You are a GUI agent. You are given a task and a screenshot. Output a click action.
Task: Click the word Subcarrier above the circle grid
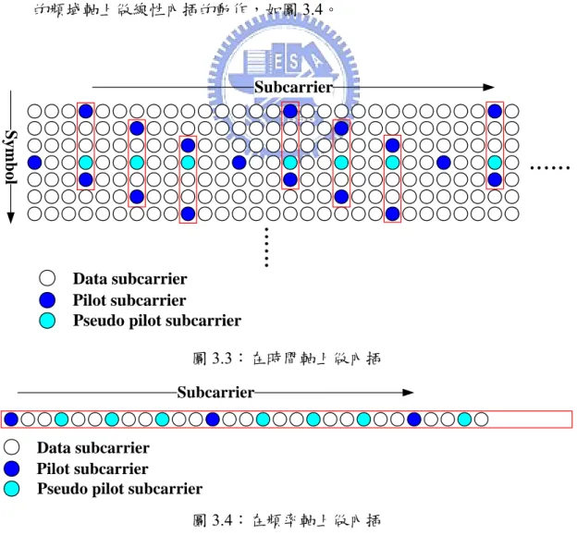click(294, 87)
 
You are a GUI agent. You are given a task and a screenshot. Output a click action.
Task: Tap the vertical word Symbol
click(11, 157)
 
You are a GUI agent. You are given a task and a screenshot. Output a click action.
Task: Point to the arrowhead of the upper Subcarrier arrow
click(488, 87)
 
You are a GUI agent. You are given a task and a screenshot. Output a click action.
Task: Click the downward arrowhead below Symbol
click(11, 218)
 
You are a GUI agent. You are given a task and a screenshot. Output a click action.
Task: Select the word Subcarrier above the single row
click(215, 393)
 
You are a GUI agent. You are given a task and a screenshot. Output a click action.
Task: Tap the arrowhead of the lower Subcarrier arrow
click(408, 393)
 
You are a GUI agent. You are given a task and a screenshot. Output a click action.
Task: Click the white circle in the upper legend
click(47, 278)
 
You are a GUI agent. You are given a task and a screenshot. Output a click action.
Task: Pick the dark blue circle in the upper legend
click(47, 299)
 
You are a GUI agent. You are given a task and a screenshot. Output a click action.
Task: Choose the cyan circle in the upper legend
click(47, 321)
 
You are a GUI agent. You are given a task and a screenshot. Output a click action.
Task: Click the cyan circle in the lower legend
click(11, 489)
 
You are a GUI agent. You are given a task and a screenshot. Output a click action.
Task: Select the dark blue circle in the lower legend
click(11, 468)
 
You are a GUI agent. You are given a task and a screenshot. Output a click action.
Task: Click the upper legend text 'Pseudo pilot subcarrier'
click(157, 321)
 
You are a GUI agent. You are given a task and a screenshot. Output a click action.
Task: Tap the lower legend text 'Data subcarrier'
click(93, 448)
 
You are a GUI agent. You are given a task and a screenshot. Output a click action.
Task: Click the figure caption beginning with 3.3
click(287, 359)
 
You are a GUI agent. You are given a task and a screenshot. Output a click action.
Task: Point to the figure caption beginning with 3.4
click(287, 520)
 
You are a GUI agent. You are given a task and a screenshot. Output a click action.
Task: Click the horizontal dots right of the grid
click(550, 168)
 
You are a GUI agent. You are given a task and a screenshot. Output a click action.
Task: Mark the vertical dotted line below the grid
click(266, 247)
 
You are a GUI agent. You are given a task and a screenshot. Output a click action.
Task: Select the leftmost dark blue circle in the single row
click(11, 419)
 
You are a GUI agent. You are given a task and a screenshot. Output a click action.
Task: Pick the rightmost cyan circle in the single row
click(464, 419)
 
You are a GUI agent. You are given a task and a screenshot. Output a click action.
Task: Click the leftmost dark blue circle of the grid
click(34, 162)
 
